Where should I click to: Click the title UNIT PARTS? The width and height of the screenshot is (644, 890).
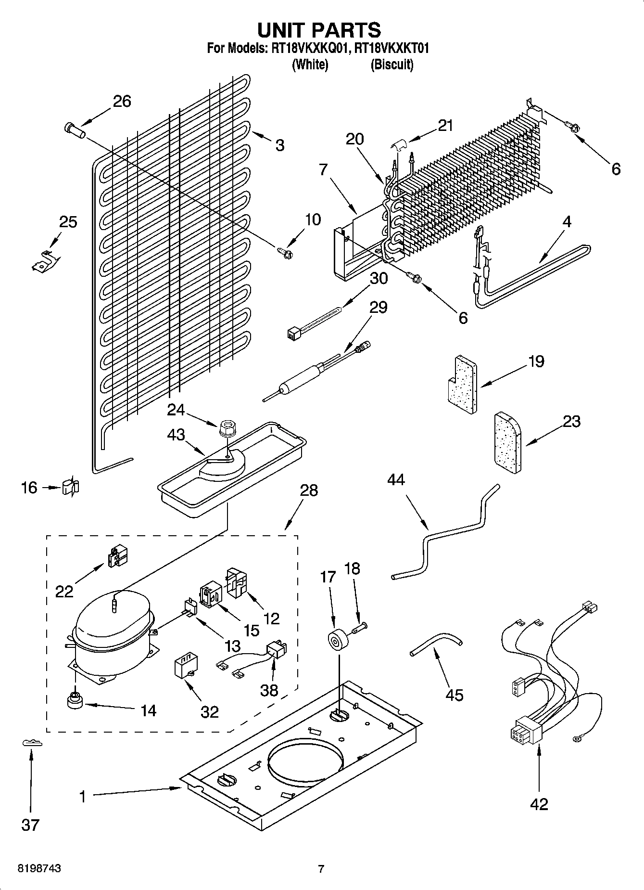pyautogui.click(x=319, y=30)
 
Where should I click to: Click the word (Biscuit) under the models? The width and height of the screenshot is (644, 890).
pyautogui.click(x=391, y=64)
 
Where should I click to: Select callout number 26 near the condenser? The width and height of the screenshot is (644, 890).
pyautogui.click(x=122, y=101)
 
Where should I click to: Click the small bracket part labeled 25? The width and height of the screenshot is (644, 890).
pyautogui.click(x=46, y=260)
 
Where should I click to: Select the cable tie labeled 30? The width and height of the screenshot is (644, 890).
pyautogui.click(x=313, y=322)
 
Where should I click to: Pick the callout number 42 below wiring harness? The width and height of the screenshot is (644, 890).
pyautogui.click(x=539, y=804)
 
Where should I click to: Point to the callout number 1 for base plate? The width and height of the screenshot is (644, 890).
pyautogui.click(x=83, y=797)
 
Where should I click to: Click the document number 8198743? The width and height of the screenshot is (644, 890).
pyautogui.click(x=39, y=869)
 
